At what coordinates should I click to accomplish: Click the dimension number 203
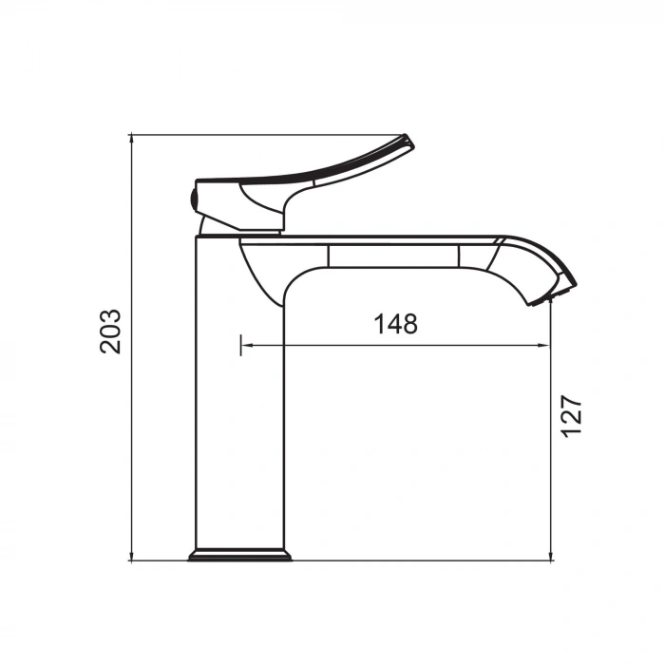112,331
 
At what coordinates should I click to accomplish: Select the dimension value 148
395,324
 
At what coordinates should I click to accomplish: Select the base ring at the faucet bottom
239,555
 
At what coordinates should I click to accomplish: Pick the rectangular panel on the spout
393,256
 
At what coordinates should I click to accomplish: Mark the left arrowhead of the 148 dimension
246,346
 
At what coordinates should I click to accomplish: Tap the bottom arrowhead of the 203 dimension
131,555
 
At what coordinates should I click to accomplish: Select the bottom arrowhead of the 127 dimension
552,555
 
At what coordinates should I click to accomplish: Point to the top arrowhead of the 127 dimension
552,309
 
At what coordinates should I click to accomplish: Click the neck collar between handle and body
241,228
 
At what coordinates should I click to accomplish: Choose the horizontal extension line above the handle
266,135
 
